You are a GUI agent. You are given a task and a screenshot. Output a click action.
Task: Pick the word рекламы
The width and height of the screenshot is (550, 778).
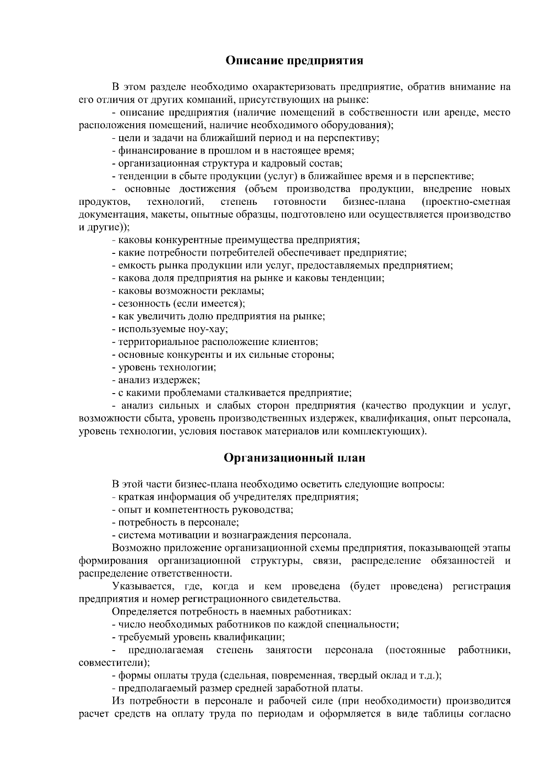click(x=243, y=291)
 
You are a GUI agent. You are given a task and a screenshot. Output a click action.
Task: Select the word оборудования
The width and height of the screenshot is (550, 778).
click(x=357, y=125)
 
